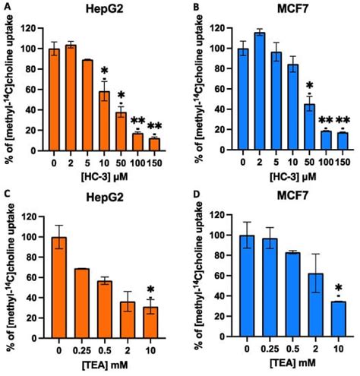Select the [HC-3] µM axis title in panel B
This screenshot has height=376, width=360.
(286, 177)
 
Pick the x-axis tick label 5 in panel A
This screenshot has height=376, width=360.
(87, 162)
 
